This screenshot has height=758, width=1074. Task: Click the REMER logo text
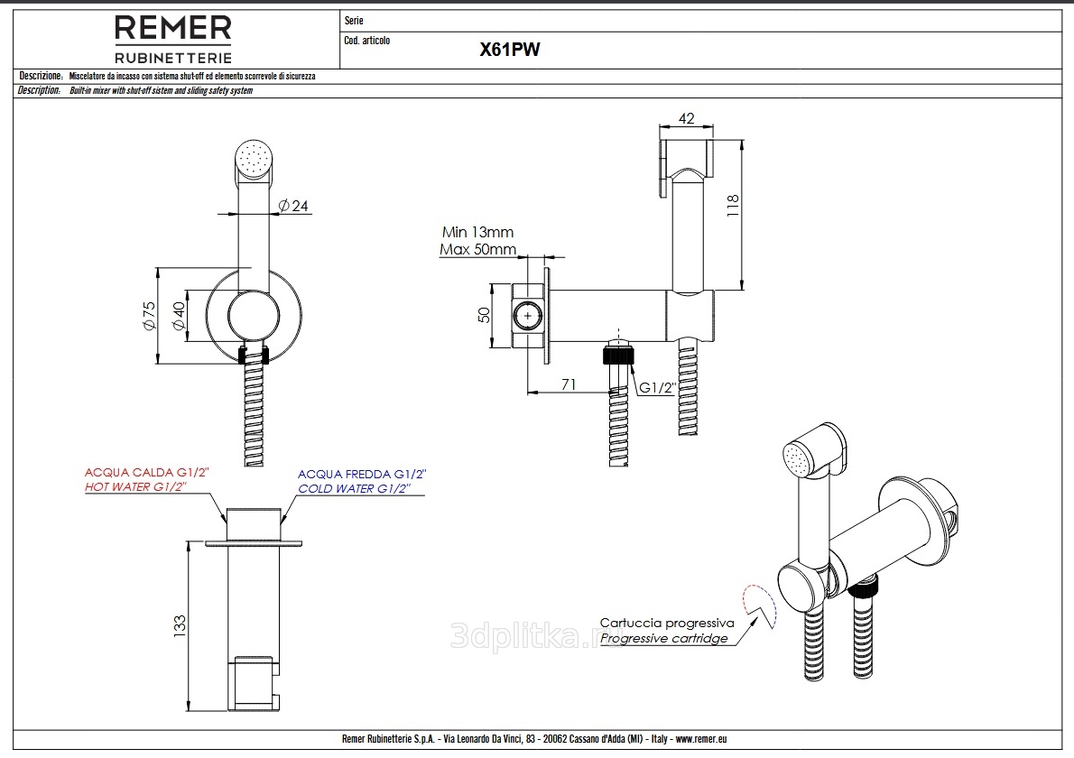point(172,28)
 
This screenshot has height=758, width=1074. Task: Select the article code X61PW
point(509,51)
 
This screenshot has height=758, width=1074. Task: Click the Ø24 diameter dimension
point(294,206)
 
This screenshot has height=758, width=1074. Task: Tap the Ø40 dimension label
point(178,315)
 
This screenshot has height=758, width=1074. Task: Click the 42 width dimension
point(686,117)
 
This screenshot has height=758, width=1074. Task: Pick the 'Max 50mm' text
point(477,249)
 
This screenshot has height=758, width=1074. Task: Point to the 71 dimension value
point(569,384)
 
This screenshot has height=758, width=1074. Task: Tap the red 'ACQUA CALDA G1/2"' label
point(147,472)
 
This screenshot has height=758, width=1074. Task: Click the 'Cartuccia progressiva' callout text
point(667,623)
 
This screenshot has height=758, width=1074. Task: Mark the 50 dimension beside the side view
point(484,316)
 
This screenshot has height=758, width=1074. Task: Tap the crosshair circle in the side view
point(527,317)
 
